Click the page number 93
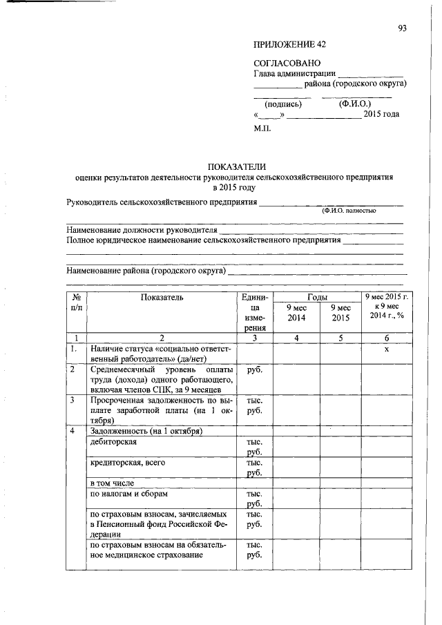403,28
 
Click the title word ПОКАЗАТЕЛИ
238,166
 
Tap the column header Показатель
162,297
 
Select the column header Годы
318,296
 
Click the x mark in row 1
387,349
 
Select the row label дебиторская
114,441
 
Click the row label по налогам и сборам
129,494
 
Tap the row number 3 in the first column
72,399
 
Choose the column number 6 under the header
387,338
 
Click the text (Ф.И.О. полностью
349,211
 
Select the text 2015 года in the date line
382,115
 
